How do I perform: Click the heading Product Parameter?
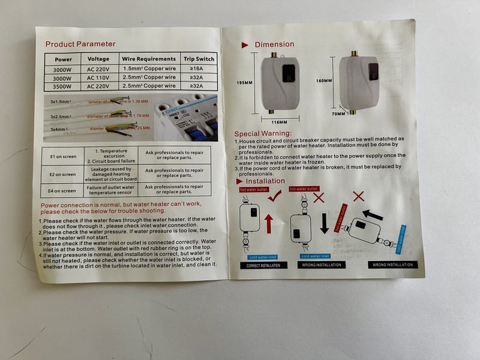point(80,44)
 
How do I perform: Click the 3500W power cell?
point(63,86)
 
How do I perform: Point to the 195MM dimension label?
point(244,83)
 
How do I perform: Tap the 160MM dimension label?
point(324,80)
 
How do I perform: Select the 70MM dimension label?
point(339,113)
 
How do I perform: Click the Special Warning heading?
point(263,133)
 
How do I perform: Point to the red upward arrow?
point(269,223)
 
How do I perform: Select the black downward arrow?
point(324,223)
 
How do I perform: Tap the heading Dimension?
point(274,44)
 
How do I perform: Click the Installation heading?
point(265,181)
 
